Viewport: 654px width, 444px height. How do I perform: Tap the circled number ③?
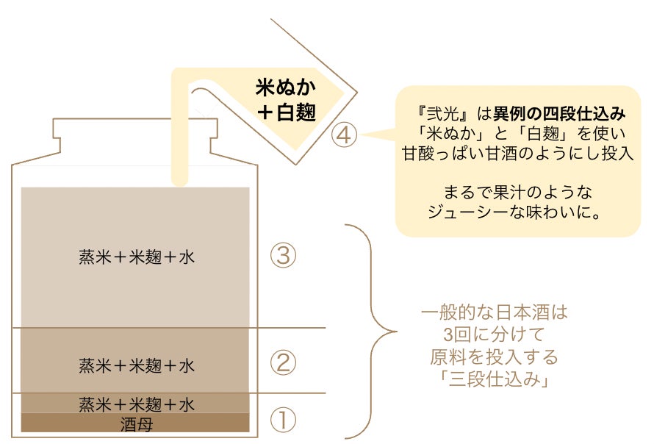coord(283,256)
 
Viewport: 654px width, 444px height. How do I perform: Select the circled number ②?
coord(283,362)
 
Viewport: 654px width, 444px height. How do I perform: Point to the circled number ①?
coord(283,421)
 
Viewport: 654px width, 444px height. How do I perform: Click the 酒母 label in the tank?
coord(136,424)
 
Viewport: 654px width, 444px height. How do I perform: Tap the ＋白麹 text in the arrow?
coord(285,113)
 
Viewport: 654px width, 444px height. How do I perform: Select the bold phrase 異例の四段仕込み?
coord(559,115)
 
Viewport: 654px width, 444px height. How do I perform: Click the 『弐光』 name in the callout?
coord(440,115)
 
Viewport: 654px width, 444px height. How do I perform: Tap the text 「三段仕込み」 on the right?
coord(494,381)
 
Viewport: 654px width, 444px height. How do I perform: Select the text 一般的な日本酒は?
coord(494,313)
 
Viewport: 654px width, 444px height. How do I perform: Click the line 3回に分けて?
coord(494,335)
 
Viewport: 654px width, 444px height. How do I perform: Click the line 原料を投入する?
coord(494,358)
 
